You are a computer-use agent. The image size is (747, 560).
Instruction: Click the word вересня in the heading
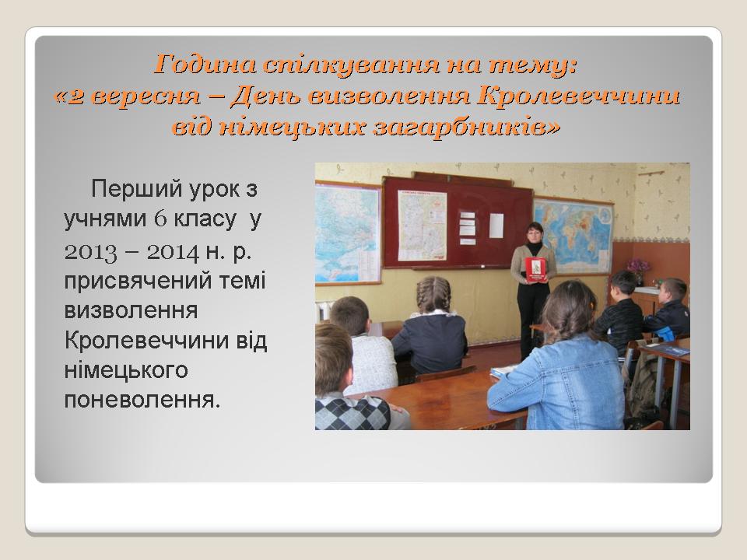pyautogui.click(x=145, y=96)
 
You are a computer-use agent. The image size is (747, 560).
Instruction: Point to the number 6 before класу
pyautogui.click(x=160, y=219)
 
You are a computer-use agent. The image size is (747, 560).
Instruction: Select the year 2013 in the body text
pyautogui.click(x=90, y=252)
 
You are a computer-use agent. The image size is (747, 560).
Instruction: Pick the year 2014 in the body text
pyautogui.click(x=173, y=252)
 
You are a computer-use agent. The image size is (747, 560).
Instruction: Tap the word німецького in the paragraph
pyautogui.click(x=126, y=370)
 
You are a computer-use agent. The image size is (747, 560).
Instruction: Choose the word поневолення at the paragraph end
pyautogui.click(x=142, y=401)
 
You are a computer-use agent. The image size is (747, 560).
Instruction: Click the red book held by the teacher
pyautogui.click(x=536, y=271)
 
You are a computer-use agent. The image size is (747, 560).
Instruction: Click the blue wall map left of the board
pyautogui.click(x=348, y=233)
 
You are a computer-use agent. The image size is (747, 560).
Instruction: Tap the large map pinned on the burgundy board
pyautogui.click(x=422, y=226)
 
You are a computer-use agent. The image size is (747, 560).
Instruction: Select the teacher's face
pyautogui.click(x=534, y=234)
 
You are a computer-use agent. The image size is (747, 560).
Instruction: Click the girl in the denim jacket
pyautogui.click(x=558, y=356)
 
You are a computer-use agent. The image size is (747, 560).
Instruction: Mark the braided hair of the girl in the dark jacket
pyautogui.click(x=433, y=294)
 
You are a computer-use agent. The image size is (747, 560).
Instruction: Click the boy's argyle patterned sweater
pyautogui.click(x=352, y=414)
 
